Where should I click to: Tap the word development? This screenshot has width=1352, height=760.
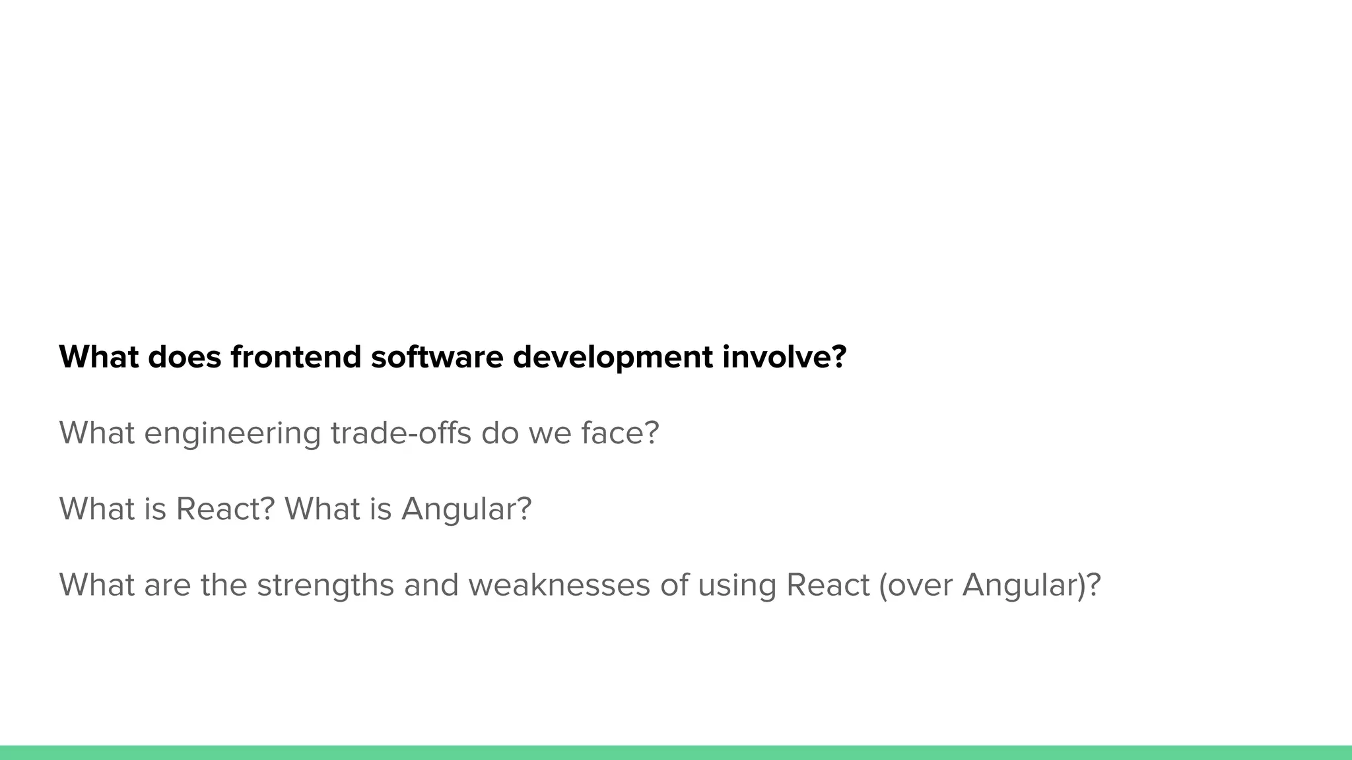(x=613, y=358)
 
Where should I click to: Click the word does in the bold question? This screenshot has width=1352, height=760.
(x=185, y=357)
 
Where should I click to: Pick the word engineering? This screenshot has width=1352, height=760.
(x=232, y=434)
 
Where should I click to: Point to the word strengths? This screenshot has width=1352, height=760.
(x=325, y=585)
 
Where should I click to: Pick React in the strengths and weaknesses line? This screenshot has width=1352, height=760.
(x=828, y=585)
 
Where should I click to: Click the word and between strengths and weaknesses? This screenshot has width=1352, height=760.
(x=431, y=585)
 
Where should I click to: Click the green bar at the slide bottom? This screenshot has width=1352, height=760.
(x=676, y=753)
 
